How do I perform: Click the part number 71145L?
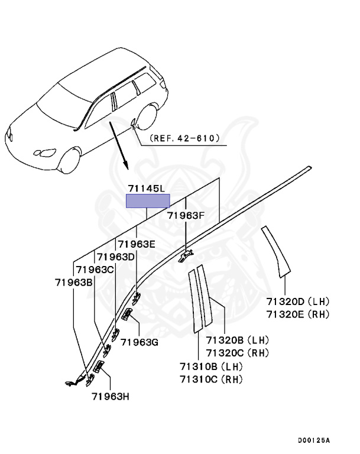146,189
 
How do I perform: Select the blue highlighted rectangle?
148,201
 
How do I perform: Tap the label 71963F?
186,215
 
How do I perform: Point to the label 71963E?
137,244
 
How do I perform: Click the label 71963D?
115,257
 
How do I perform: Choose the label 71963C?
95,270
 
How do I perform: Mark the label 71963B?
73,283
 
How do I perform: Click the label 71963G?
140,342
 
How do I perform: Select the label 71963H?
111,397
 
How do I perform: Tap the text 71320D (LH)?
298,301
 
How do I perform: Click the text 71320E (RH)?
298,314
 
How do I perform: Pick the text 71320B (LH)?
238,340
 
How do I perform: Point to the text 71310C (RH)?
211,379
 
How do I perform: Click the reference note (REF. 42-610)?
184,138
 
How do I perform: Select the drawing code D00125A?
314,440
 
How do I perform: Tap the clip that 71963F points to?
186,255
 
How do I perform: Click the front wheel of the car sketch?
70,161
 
